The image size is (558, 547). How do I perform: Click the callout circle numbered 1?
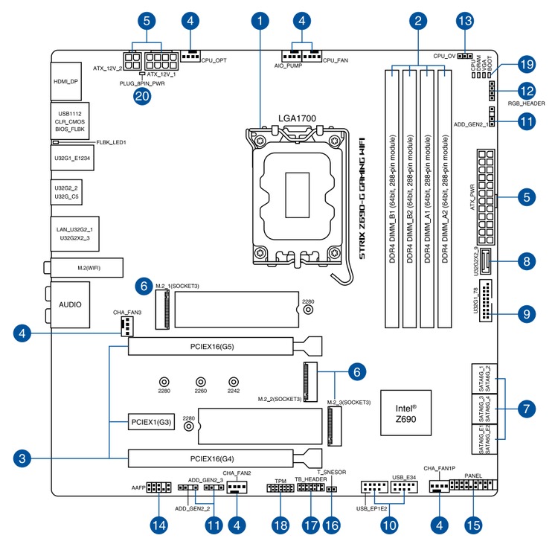click(260, 19)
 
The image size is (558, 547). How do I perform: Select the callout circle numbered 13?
click(465, 19)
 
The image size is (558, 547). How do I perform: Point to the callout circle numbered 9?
click(526, 314)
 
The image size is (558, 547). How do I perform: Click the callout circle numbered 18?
click(280, 525)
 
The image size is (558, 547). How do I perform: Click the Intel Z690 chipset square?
click(405, 413)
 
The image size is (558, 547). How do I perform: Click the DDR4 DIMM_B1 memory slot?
click(391, 198)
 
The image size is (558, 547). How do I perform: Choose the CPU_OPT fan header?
click(190, 56)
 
